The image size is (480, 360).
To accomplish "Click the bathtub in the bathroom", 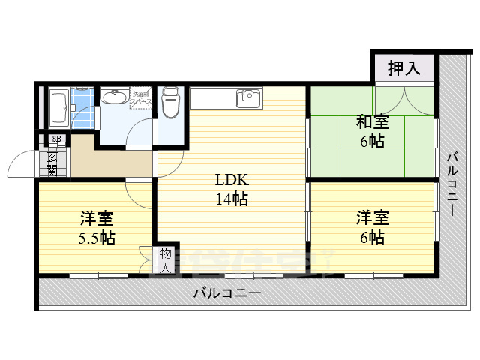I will tap(58, 109).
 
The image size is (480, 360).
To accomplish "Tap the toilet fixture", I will tap(171, 103).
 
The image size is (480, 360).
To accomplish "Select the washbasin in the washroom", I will tap(115, 97).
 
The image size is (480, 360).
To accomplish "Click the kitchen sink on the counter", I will tap(247, 97).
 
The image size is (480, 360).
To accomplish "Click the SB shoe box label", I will tap(55, 139).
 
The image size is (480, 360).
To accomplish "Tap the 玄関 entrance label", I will tap(52, 163).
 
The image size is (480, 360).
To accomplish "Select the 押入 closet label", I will tap(404, 69).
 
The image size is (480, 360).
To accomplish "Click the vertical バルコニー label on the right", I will tap(452, 184).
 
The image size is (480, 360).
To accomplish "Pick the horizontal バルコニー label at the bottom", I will tap(226, 293).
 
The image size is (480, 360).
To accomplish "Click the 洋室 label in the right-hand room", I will tap(372, 218).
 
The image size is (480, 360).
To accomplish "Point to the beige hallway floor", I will tap(112, 160).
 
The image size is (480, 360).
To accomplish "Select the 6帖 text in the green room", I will tap(371, 141).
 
